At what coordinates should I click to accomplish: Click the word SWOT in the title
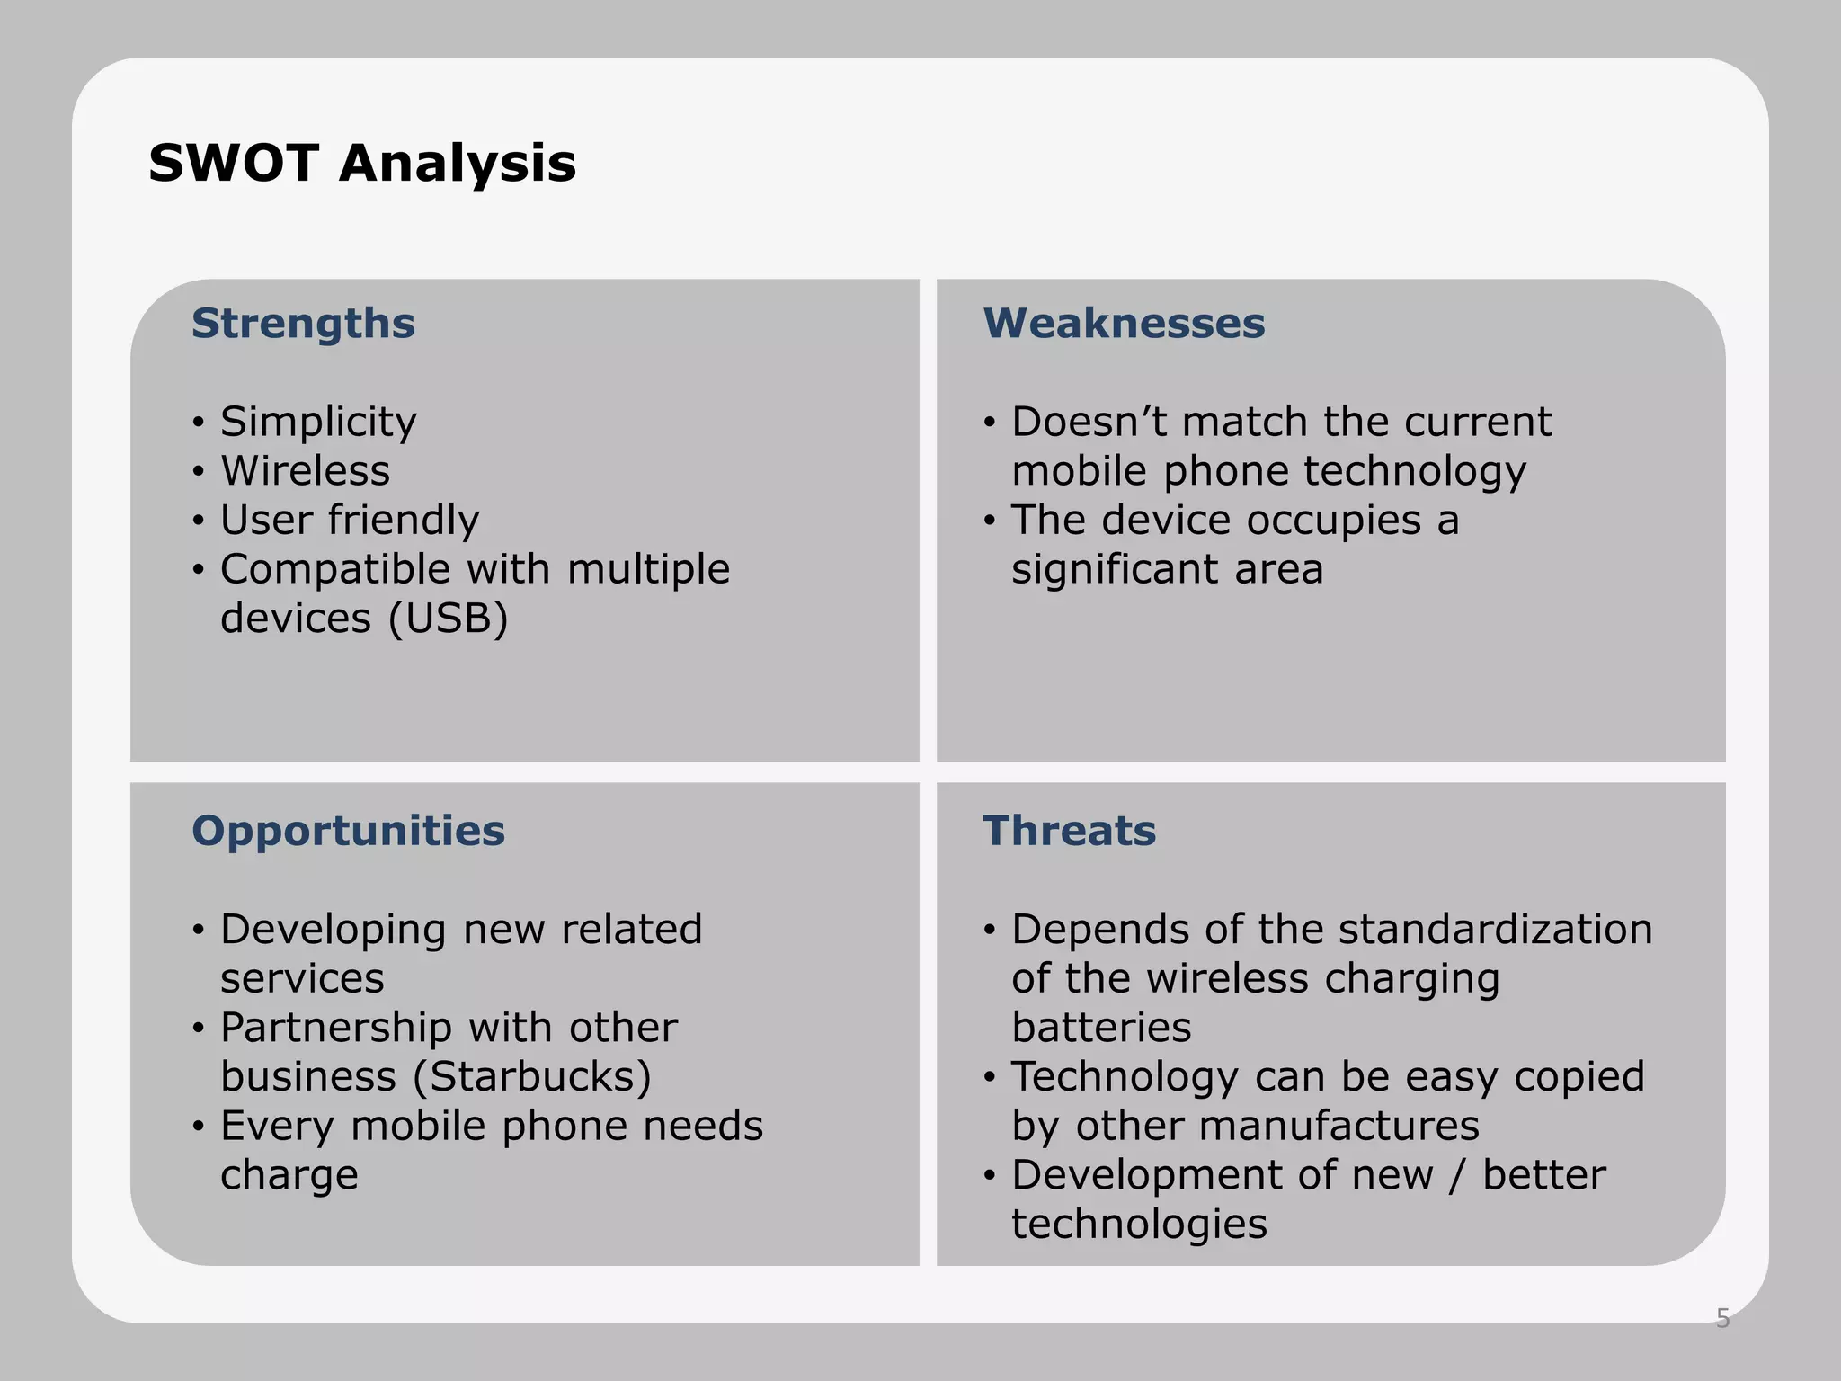click(233, 164)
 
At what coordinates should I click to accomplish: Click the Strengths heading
click(303, 324)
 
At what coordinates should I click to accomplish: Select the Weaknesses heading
click(1124, 324)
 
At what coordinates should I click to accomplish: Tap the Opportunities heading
click(348, 831)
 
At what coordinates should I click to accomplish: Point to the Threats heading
click(1069, 831)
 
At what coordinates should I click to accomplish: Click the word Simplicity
click(318, 423)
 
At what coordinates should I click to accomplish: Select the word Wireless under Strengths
click(306, 471)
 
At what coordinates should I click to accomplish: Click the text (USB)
click(449, 619)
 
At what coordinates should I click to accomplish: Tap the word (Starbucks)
click(532, 1077)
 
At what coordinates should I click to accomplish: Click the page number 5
click(1722, 1318)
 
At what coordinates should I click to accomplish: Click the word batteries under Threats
click(1101, 1028)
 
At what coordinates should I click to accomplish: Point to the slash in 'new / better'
click(1457, 1175)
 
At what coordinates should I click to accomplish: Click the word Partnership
click(335, 1028)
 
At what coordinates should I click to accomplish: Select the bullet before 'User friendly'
click(199, 521)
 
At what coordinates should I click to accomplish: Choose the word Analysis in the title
click(458, 164)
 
